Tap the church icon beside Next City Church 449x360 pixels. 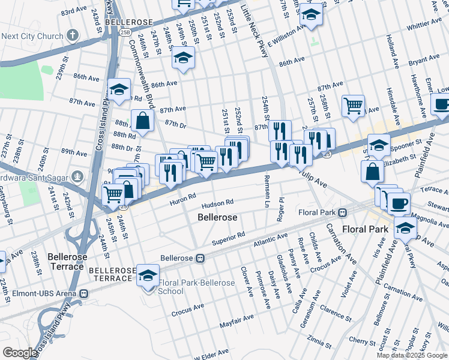click(x=73, y=35)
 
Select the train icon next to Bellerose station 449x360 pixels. click(x=201, y=259)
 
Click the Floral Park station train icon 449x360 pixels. click(x=342, y=212)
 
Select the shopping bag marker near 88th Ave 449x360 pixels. click(x=145, y=122)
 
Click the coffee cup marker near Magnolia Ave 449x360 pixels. click(x=398, y=203)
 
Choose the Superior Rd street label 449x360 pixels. click(x=229, y=238)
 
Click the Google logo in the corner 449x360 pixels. click(x=20, y=353)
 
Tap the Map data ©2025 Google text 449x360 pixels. click(x=412, y=355)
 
